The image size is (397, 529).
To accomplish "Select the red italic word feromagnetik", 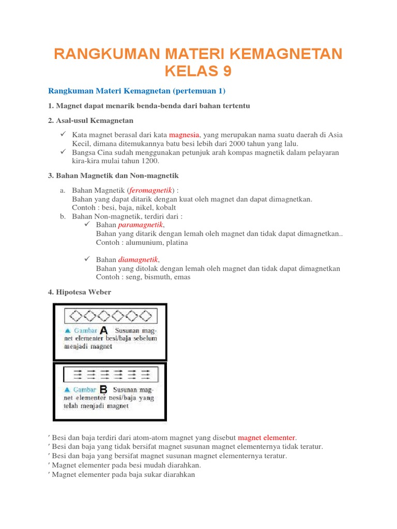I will [x=151, y=190].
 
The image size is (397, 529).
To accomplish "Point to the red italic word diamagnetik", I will [x=138, y=260].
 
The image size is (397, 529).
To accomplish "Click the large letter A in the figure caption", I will [x=103, y=330].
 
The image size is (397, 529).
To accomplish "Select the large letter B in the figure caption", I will [x=103, y=390].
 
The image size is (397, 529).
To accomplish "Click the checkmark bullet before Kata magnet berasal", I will [x=63, y=134].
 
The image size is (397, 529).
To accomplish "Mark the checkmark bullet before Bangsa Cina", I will [x=63, y=152].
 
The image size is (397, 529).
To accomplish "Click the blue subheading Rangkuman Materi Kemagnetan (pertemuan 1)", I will [x=137, y=91].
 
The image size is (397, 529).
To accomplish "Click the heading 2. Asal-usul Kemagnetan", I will [x=90, y=120].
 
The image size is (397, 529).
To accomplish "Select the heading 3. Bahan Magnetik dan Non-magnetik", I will [x=113, y=176].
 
